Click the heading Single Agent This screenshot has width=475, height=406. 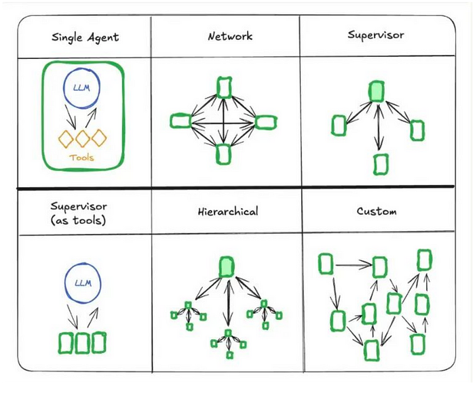pyautogui.click(x=84, y=37)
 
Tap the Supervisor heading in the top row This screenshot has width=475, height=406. pyautogui.click(x=377, y=37)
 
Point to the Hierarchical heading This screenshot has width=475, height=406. pyautogui.click(x=227, y=211)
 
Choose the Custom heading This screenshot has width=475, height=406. pyautogui.click(x=377, y=211)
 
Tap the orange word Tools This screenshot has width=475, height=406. pyautogui.click(x=82, y=159)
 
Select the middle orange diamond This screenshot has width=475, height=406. pyautogui.click(x=83, y=138)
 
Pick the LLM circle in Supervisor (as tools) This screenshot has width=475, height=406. pyautogui.click(x=83, y=283)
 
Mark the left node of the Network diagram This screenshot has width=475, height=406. pyautogui.click(x=179, y=121)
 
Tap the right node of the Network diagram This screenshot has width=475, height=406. pyautogui.click(x=267, y=122)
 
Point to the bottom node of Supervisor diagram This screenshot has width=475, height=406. pyautogui.click(x=381, y=164)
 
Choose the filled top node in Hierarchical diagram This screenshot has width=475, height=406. pyautogui.click(x=227, y=267)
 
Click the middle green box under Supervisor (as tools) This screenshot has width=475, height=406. pyautogui.click(x=83, y=343)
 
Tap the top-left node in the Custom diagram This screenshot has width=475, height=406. pyautogui.click(x=326, y=264)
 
